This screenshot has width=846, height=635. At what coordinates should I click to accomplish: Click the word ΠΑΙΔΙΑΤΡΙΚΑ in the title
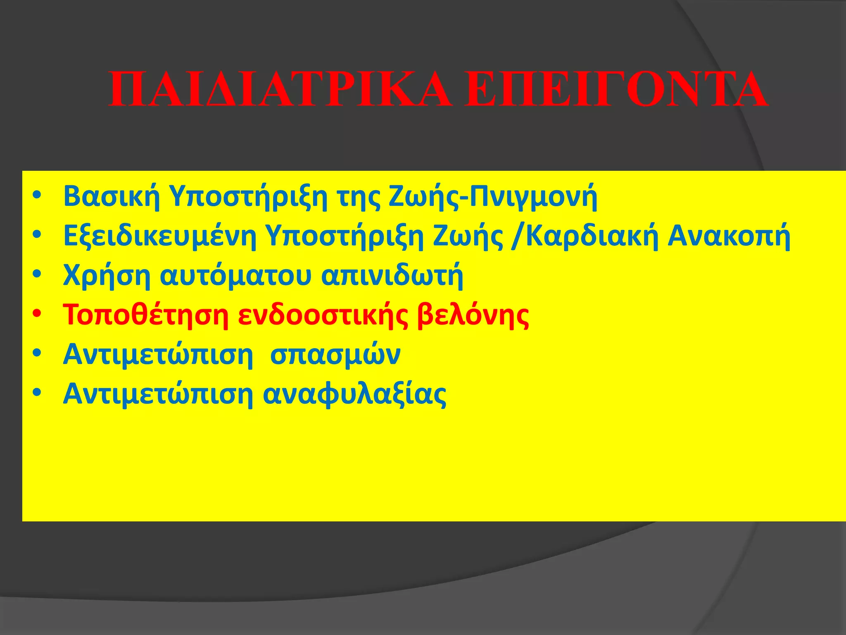(x=279, y=90)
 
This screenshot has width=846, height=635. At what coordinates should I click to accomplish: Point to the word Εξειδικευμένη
(x=159, y=236)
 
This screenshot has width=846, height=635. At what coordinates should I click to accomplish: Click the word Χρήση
(x=107, y=276)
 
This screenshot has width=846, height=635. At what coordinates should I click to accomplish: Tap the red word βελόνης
(x=473, y=316)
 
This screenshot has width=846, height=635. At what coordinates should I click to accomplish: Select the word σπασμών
(x=335, y=355)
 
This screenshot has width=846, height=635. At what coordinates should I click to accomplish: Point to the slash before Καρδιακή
(x=516, y=236)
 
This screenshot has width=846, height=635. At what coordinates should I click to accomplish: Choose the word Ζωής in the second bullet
(x=468, y=236)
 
